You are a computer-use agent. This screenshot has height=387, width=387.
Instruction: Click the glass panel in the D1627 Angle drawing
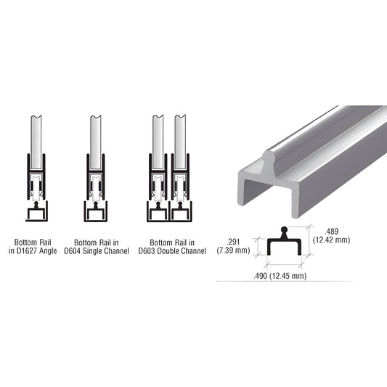36,138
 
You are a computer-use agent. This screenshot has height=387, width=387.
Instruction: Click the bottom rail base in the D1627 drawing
36,212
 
